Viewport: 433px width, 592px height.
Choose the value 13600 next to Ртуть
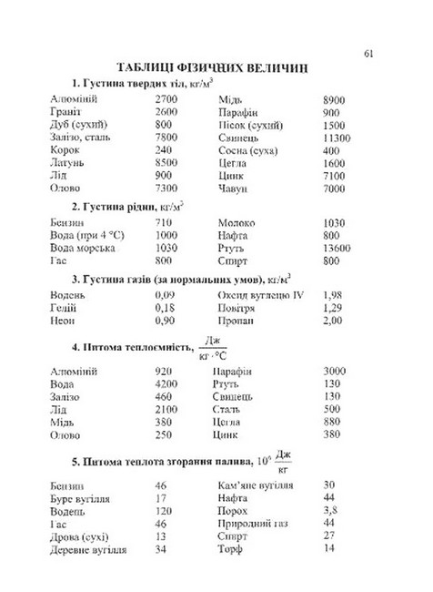pos(337,247)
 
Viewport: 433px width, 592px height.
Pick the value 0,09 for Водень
pos(165,294)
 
